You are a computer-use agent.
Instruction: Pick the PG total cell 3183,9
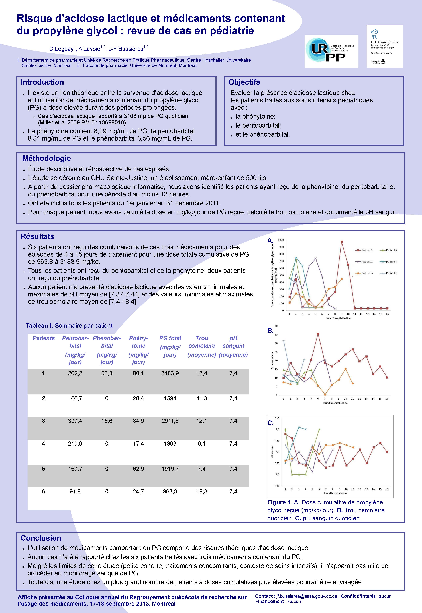coord(170,373)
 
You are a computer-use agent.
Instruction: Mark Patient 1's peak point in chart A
coord(342,242)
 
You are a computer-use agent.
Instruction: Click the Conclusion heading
coord(41,538)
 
